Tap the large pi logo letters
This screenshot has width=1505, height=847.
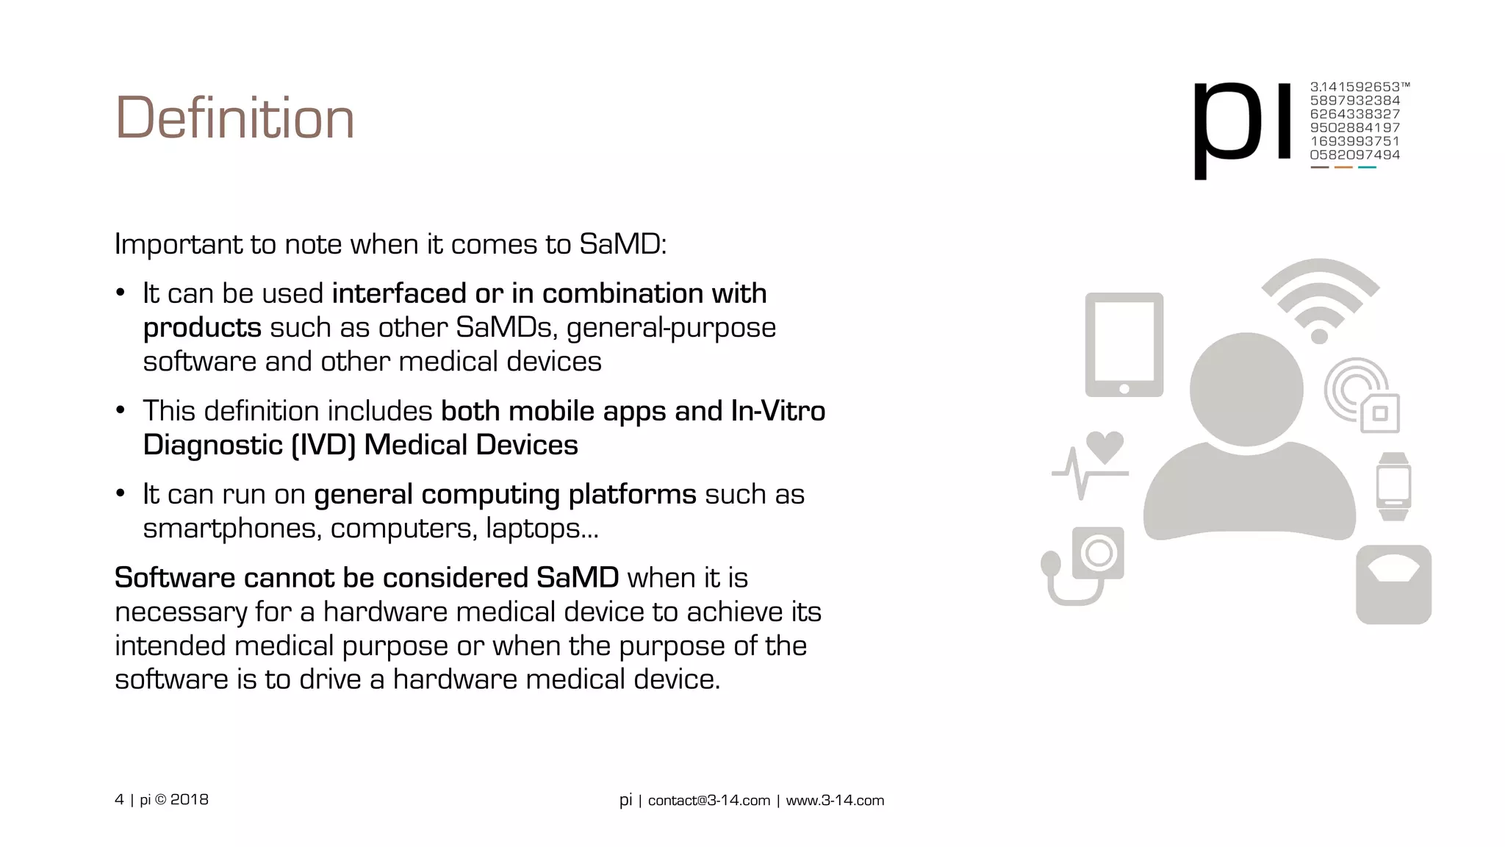(x=1242, y=125)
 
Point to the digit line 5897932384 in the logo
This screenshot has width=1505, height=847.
(x=1354, y=101)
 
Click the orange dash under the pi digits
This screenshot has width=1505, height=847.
(x=1343, y=168)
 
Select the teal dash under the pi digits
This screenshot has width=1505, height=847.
(x=1367, y=168)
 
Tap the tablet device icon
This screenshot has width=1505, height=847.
(x=1124, y=344)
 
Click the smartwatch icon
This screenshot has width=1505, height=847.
(x=1393, y=486)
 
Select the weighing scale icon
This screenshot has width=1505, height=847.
(x=1393, y=585)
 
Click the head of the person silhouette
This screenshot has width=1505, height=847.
(x=1246, y=389)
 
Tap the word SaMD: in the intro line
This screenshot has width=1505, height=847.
(x=622, y=245)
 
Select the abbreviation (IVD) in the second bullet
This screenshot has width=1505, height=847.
(x=323, y=446)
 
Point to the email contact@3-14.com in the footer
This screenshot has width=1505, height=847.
(x=708, y=801)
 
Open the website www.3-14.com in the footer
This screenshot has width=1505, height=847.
(x=835, y=801)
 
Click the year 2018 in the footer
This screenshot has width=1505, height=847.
(x=190, y=800)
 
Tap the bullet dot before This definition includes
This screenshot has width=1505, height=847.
(x=121, y=411)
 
